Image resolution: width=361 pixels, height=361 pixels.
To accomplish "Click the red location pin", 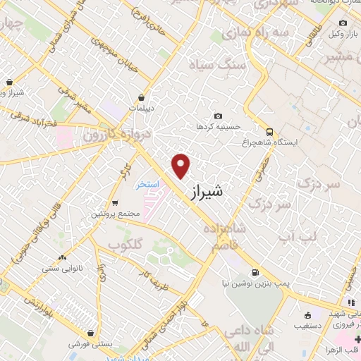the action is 181,165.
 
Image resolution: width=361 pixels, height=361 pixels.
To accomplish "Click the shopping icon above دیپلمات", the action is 142,97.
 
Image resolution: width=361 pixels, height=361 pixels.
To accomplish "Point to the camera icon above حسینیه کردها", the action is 218,116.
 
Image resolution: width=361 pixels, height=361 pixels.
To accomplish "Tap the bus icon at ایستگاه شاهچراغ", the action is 269,131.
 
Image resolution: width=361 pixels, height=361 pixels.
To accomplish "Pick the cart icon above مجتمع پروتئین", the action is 114,202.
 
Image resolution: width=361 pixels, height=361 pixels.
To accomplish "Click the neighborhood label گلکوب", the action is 126,243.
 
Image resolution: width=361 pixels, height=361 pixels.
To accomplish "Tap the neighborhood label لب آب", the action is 298,236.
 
